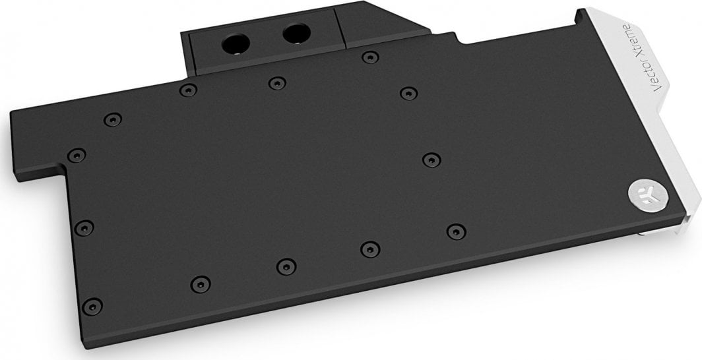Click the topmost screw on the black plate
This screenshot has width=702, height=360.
click(366, 58)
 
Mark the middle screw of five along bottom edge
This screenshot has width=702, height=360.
click(285, 266)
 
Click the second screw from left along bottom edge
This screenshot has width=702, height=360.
click(199, 284)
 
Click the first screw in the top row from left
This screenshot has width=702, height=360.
click(113, 120)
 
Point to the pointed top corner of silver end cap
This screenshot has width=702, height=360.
click(581, 11)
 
